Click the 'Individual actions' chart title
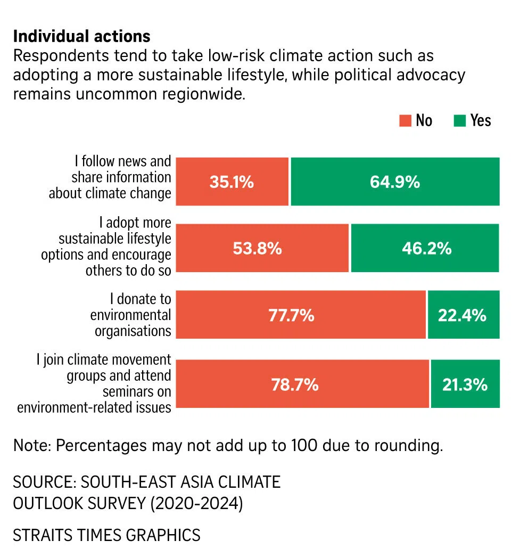coord(81,36)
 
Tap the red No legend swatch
coord(405,121)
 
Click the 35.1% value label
coord(232,182)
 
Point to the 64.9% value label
coord(395,182)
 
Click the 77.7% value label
coord(291,315)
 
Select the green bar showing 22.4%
coord(463,315)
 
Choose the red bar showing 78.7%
coord(302,384)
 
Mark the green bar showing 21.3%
coord(465,384)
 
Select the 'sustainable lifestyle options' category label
coord(106,247)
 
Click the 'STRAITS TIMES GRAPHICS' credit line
coord(106,535)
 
